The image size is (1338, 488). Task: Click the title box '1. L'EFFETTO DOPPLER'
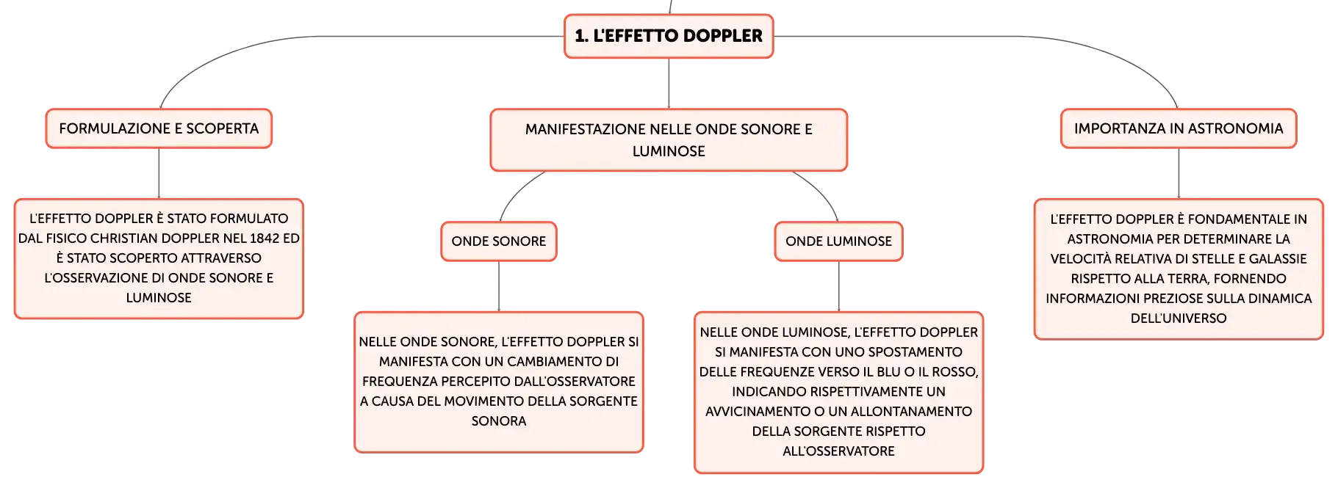(x=669, y=36)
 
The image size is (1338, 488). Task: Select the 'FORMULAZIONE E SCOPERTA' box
(x=159, y=128)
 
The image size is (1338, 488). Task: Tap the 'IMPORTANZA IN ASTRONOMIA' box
(x=1179, y=128)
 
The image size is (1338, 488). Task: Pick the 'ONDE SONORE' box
(x=499, y=241)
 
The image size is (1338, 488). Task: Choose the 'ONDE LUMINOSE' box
(x=838, y=241)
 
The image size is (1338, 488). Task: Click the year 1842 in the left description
(x=265, y=238)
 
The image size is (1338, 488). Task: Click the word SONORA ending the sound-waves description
(x=499, y=421)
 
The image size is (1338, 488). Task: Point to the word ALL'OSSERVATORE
(x=838, y=451)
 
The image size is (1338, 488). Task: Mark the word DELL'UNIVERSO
(x=1179, y=318)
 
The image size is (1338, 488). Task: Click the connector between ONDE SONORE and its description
(x=499, y=286)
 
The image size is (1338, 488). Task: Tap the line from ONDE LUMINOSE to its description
(x=838, y=286)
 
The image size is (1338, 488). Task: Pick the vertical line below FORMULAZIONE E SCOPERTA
(x=159, y=173)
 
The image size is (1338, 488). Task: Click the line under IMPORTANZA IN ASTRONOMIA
(x=1179, y=173)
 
